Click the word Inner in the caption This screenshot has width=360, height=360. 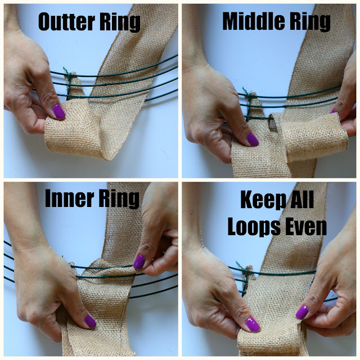[69, 200]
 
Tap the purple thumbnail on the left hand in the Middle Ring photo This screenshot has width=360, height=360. [252, 139]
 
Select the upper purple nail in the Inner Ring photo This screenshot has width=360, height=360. [139, 262]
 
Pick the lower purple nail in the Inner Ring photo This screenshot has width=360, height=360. [90, 321]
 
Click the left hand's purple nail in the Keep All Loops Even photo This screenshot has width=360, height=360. [253, 324]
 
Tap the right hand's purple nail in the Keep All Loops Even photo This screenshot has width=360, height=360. [302, 312]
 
